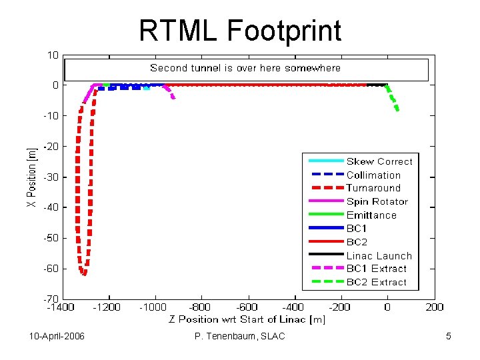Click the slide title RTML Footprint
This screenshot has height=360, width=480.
click(240, 30)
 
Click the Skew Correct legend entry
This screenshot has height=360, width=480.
click(379, 161)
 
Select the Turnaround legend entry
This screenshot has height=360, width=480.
click(373, 188)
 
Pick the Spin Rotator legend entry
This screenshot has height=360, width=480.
click(377, 201)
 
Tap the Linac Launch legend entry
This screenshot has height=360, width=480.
click(379, 255)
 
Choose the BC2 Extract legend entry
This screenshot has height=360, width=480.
click(376, 282)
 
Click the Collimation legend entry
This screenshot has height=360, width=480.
click(373, 175)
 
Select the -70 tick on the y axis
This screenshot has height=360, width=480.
click(51, 299)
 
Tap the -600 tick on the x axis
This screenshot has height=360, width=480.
click(247, 307)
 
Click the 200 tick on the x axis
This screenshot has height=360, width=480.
click(434, 307)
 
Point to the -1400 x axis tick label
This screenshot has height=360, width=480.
click(61, 307)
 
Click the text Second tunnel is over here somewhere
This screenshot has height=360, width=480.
click(245, 68)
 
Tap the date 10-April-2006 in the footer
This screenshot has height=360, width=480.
click(57, 336)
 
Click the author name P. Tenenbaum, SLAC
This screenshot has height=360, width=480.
click(239, 336)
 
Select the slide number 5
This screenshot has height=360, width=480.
click(449, 336)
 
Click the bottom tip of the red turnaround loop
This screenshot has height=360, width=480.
click(83, 273)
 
